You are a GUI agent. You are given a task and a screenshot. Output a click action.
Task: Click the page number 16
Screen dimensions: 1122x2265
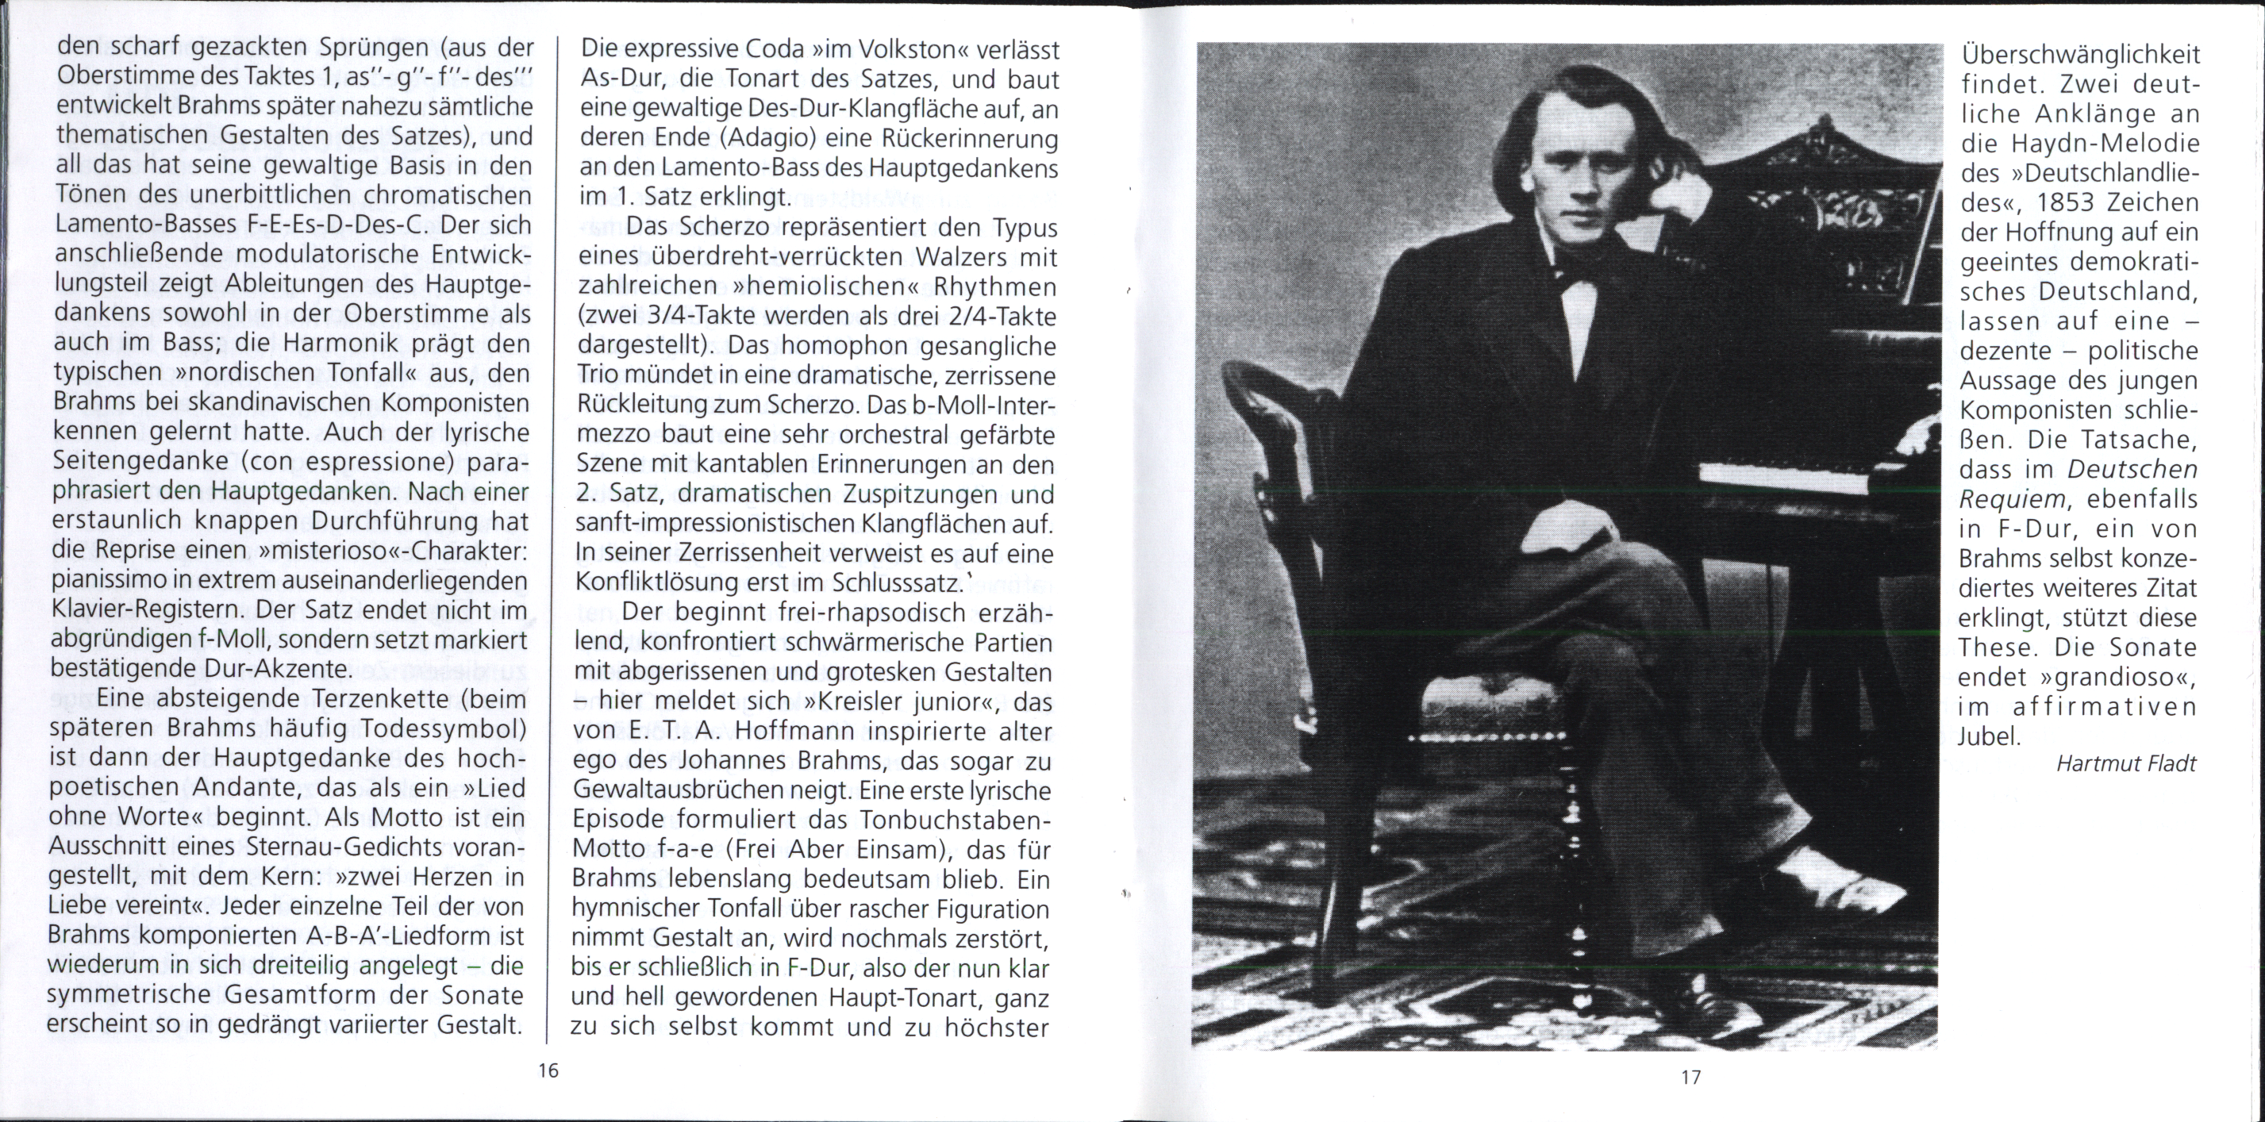click(x=547, y=1070)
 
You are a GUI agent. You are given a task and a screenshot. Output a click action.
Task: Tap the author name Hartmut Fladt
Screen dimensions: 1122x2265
click(x=2126, y=764)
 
